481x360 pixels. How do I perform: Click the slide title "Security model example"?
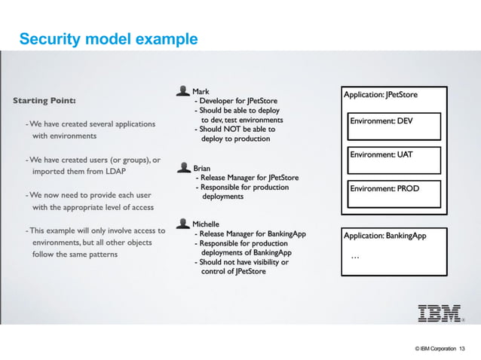point(108,38)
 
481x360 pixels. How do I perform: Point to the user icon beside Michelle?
point(182,223)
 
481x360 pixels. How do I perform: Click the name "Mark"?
point(201,92)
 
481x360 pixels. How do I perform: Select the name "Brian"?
point(202,168)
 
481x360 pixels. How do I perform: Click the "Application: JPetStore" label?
point(380,95)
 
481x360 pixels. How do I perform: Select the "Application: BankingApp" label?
point(384,236)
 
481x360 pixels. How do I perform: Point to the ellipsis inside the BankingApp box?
point(355,258)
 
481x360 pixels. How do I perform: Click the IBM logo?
point(441,313)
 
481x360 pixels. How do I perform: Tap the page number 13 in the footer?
point(462,348)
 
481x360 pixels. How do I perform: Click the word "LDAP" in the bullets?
point(114,171)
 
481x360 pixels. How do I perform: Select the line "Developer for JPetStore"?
point(240,101)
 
